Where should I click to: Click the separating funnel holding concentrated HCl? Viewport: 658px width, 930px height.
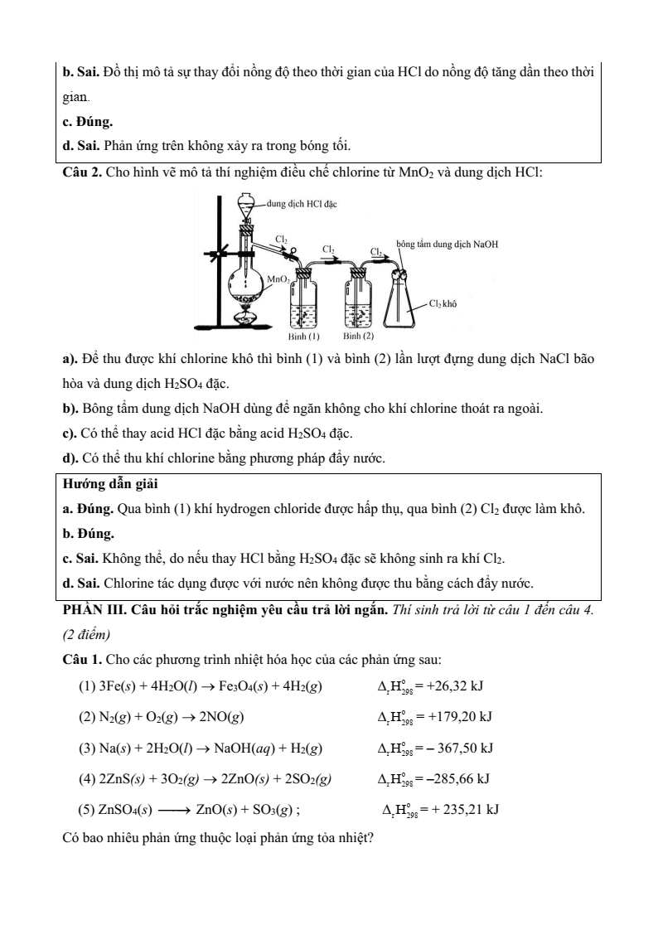(x=246, y=204)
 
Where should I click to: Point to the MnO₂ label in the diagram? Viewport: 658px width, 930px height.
(x=278, y=279)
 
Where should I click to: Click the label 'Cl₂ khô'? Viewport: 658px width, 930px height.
(x=443, y=304)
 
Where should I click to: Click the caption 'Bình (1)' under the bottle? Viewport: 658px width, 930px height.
(x=303, y=337)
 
